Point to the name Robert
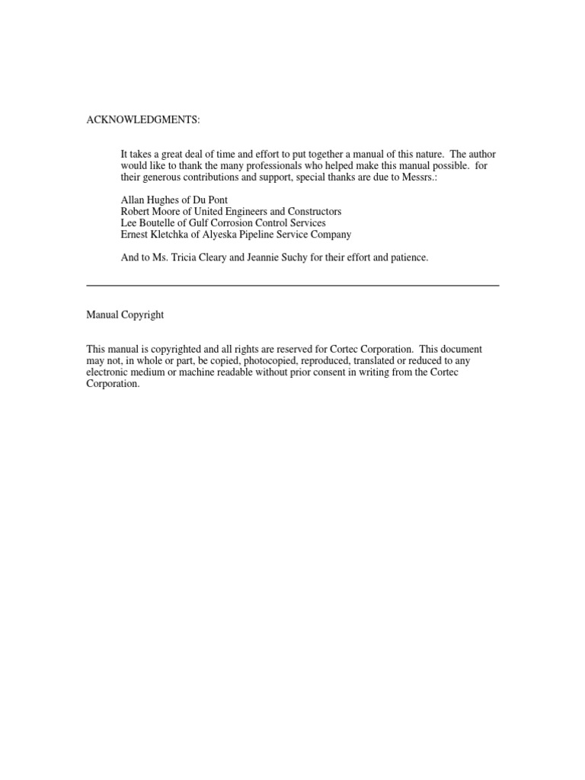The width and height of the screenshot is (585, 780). pos(137,211)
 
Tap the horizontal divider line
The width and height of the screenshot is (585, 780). pos(292,285)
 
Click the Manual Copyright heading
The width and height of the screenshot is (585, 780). pos(125,315)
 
